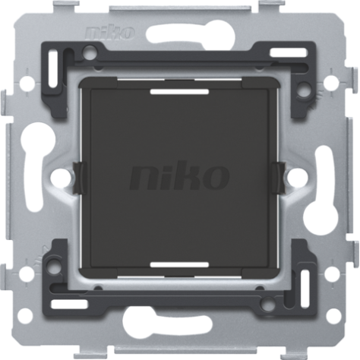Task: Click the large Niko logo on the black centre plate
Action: (179, 178)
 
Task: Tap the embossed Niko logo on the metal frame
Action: (110, 33)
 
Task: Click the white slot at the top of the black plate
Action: (179, 92)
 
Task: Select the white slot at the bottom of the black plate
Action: (179, 265)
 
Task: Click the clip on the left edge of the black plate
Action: (79, 178)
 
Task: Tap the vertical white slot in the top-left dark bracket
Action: (53, 69)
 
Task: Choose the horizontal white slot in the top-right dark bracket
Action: (289, 52)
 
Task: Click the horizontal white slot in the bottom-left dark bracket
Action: (69, 305)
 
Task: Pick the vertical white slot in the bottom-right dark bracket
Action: (305, 289)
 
